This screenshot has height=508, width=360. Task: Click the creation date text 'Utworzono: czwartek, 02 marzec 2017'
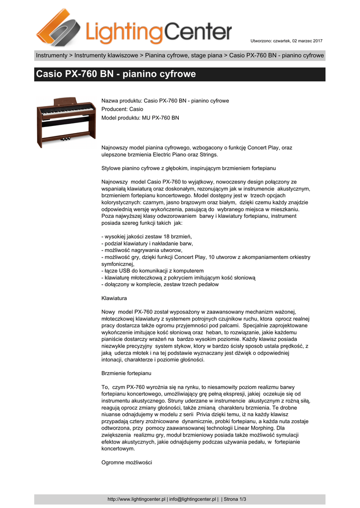pos(287,40)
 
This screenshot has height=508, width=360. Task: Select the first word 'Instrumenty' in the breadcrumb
pos(51,56)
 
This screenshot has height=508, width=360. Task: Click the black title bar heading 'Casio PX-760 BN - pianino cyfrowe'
pos(116,74)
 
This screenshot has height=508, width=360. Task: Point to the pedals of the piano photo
pos(66,139)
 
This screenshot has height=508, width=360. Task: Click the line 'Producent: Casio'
pos(122,109)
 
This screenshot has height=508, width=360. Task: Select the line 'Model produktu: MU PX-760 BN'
pos(140,118)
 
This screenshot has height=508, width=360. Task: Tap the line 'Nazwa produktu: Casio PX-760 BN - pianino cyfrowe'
pos(165,101)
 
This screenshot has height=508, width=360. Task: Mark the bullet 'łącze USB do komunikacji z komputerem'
pos(152,271)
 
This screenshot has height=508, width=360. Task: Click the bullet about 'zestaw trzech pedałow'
pos(160,285)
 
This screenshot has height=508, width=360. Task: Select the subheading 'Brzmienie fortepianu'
pos(126,373)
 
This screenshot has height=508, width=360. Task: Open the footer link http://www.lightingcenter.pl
pos(136,499)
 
